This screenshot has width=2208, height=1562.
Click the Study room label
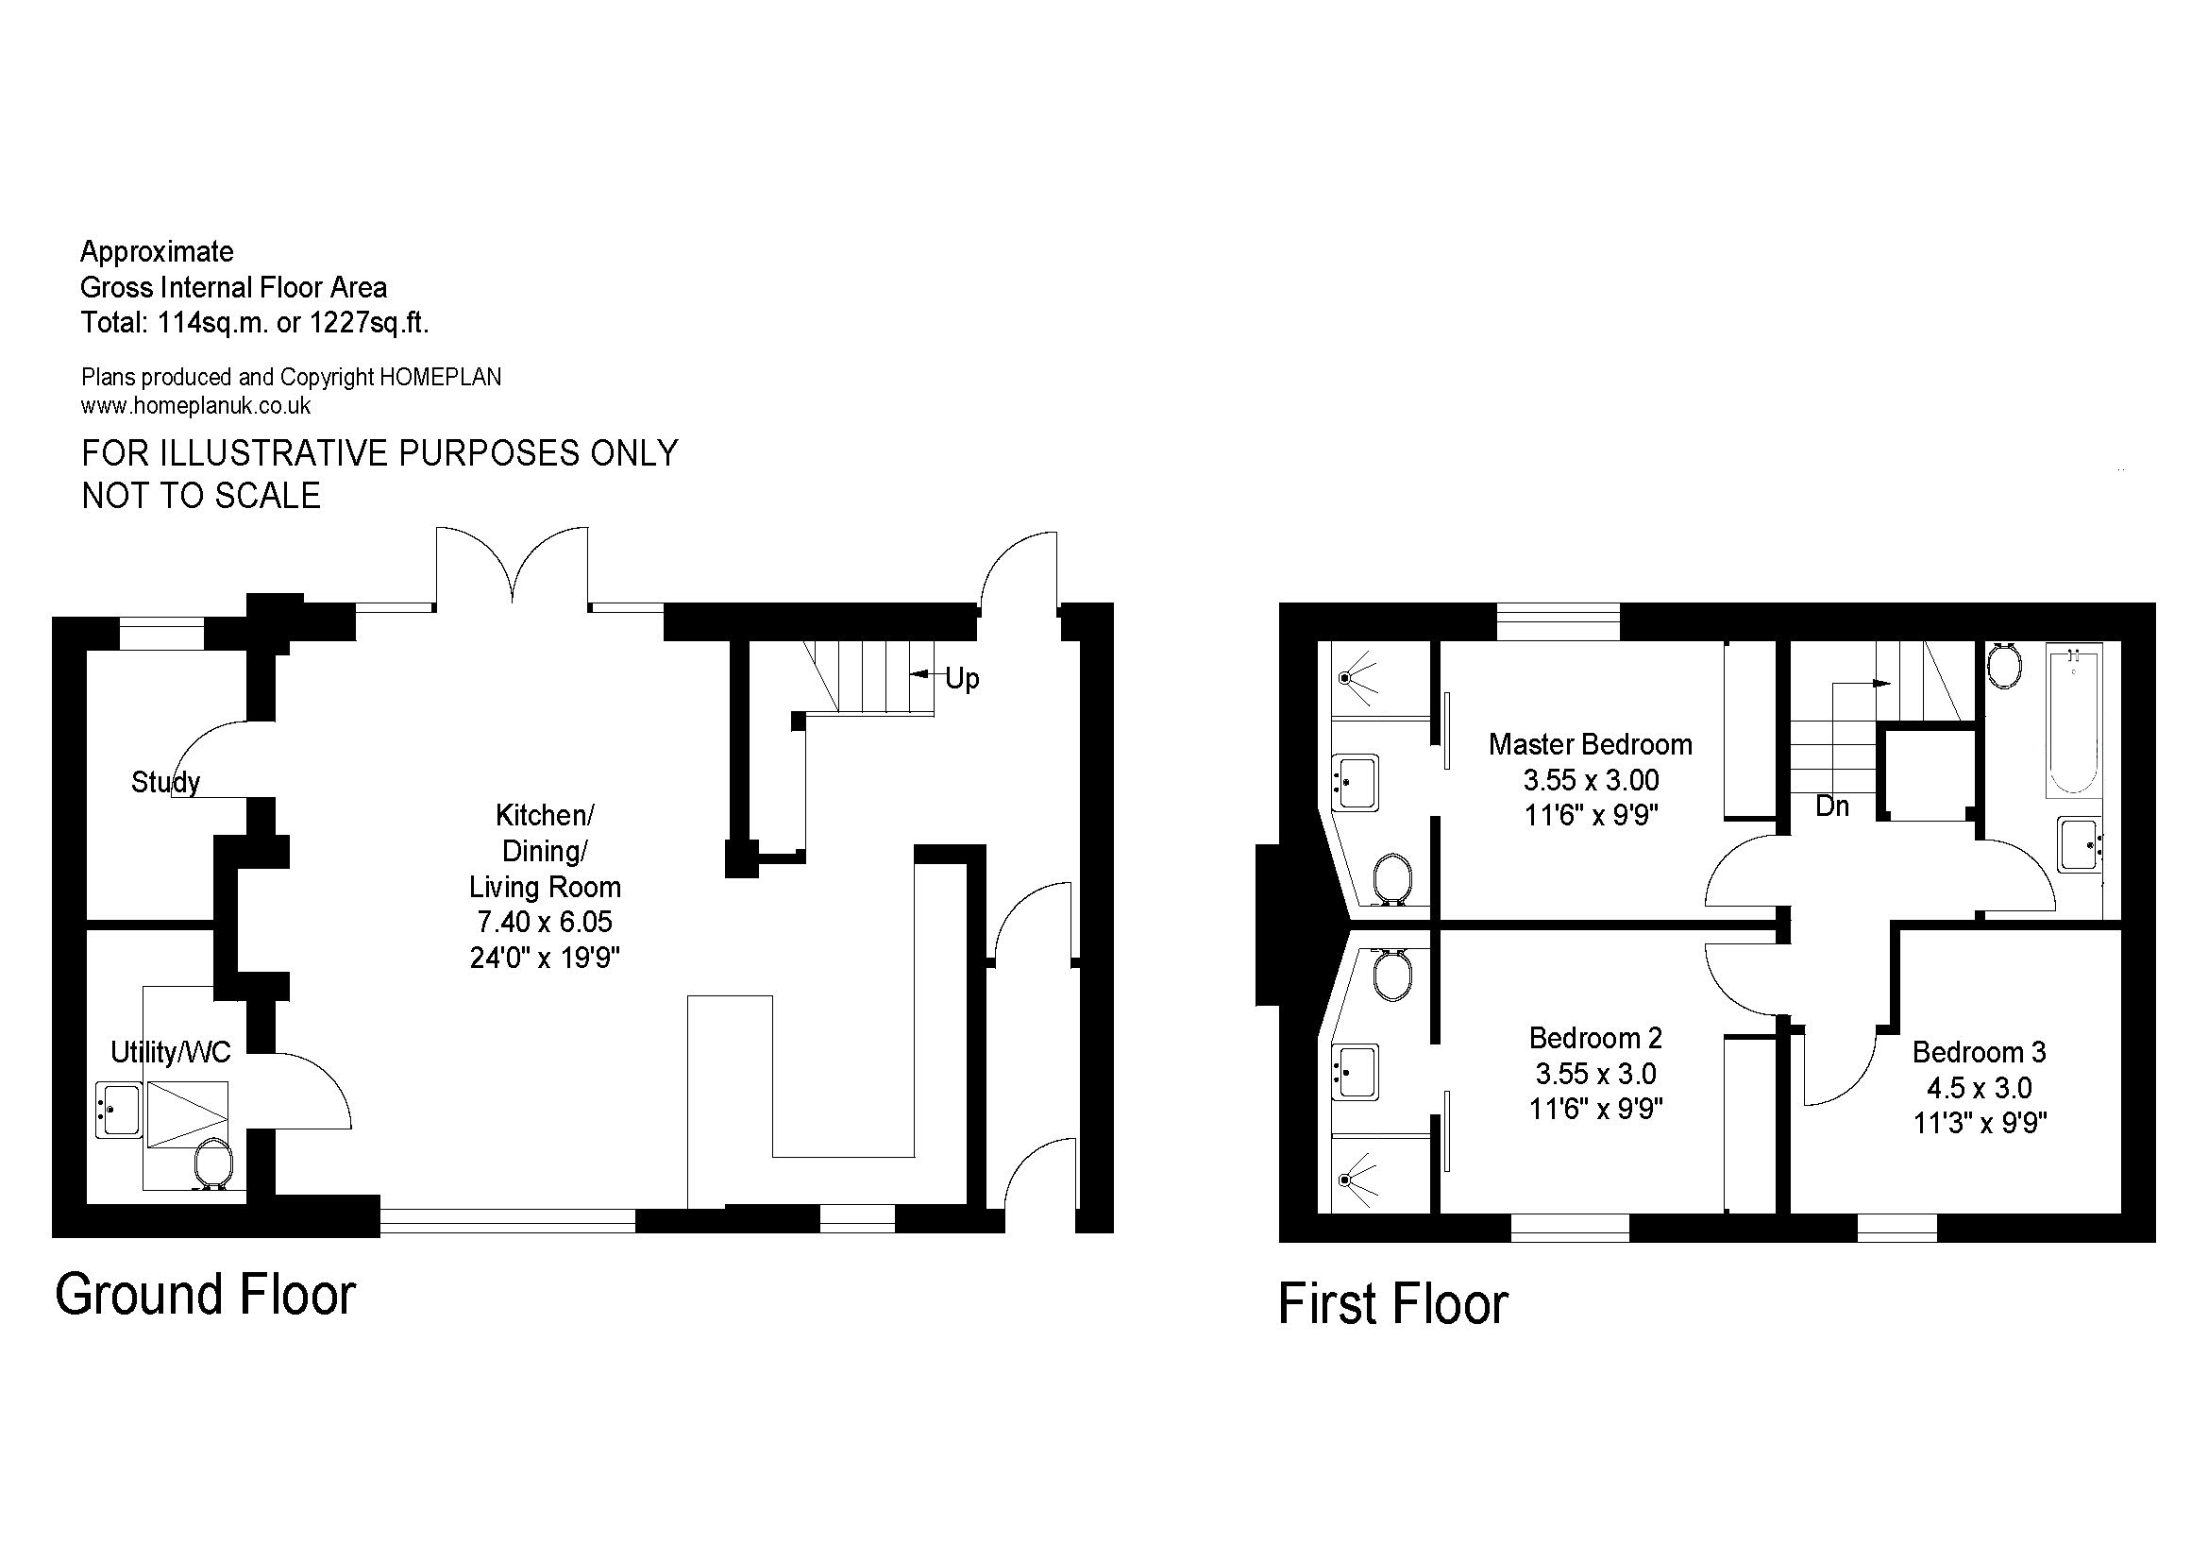click(x=165, y=782)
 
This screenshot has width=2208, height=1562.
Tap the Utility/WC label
click(x=171, y=1052)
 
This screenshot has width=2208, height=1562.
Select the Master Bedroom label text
click(x=1591, y=743)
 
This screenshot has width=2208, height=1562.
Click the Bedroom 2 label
click(x=1595, y=1038)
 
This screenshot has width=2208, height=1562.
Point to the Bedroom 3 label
click(x=1980, y=1052)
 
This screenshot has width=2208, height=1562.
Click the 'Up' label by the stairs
click(x=962, y=679)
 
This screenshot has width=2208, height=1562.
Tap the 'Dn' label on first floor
click(x=1832, y=806)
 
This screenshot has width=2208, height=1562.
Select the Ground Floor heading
click(x=206, y=1294)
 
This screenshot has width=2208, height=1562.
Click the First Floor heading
click(x=1393, y=1304)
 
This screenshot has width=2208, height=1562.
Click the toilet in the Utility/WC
click(x=212, y=1164)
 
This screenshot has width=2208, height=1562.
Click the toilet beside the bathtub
click(x=2004, y=665)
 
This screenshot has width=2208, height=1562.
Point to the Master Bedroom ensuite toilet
click(x=1392, y=879)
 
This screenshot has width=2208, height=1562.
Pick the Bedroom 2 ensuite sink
click(x=1356, y=1072)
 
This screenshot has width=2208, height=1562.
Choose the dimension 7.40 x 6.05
click(x=546, y=922)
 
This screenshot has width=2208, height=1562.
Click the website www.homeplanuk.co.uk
click(x=196, y=406)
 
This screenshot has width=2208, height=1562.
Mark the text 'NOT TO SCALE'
click(x=201, y=496)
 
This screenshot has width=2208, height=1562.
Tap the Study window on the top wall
click(x=162, y=635)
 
